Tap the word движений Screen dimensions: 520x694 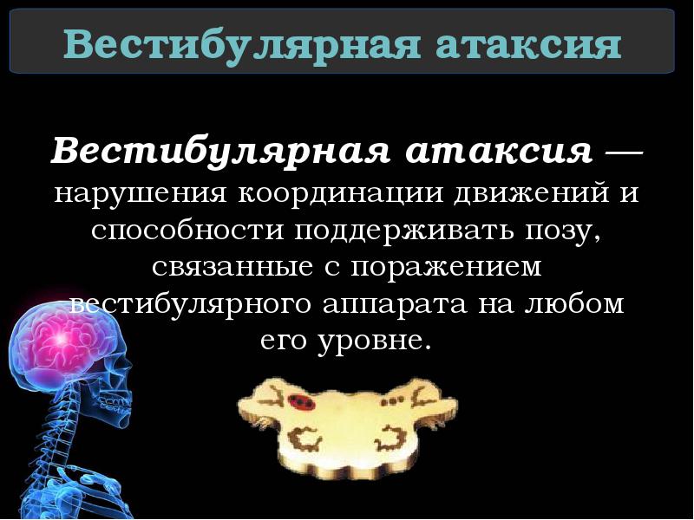[x=525, y=192]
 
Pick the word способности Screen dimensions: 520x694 [x=189, y=229]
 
